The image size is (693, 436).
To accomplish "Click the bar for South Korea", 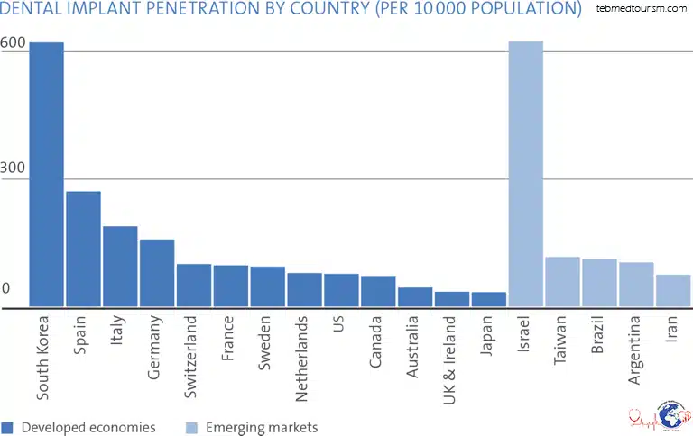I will click(x=46, y=175).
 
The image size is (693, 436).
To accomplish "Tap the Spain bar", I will click(x=83, y=249).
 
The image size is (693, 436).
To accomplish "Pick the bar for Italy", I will click(x=120, y=267).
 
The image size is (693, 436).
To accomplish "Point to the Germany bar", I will click(x=157, y=273).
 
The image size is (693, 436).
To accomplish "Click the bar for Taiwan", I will click(x=562, y=282).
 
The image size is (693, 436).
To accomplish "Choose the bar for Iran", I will click(x=673, y=291).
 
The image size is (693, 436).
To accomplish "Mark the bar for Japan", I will click(x=488, y=299).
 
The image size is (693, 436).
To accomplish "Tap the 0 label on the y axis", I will click(x=5, y=288).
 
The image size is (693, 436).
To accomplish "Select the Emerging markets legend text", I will click(x=262, y=427).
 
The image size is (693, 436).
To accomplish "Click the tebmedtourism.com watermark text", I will click(x=642, y=8).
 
